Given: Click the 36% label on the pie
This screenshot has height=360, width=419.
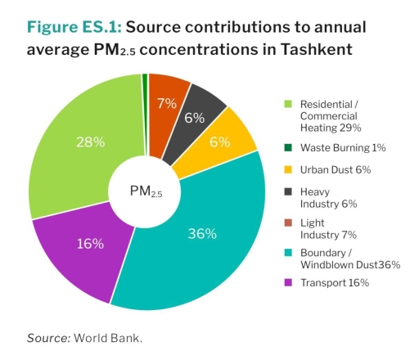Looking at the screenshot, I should pos(202,234).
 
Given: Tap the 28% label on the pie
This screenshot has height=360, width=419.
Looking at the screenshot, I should pos(90,142).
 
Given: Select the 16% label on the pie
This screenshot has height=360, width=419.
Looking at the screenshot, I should pos(90,244).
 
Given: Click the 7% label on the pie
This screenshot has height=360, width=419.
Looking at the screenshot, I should pos(167,103).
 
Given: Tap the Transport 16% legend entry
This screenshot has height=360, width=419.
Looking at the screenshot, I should pos(335,282).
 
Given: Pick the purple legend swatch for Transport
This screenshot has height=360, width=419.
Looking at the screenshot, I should pos(287,282).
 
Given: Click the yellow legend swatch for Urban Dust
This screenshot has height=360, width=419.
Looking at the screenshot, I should pos(287,170).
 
